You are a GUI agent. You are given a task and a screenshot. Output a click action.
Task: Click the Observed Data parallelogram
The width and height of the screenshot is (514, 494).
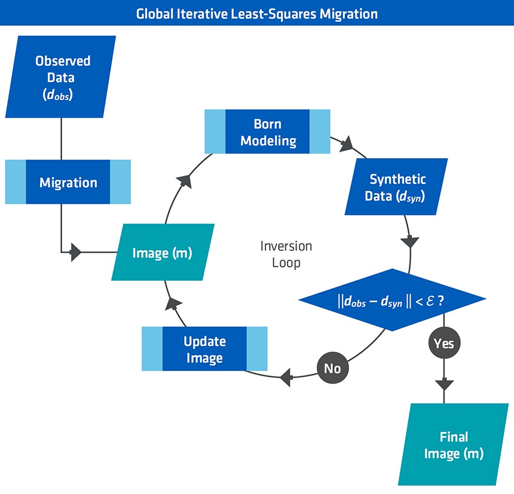pyautogui.click(x=62, y=77)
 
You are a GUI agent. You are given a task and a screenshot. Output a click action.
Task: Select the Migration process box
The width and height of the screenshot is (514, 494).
pyautogui.click(x=68, y=182)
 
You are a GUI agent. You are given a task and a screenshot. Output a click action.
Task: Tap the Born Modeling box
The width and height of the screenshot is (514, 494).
pyautogui.click(x=267, y=132)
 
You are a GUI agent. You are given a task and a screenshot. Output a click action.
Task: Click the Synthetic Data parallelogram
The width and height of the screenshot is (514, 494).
pyautogui.click(x=397, y=187)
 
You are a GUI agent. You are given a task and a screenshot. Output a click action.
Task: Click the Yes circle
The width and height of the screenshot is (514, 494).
pyautogui.click(x=443, y=344)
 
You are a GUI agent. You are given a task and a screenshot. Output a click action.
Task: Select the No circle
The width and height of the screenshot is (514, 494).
pyautogui.click(x=332, y=369)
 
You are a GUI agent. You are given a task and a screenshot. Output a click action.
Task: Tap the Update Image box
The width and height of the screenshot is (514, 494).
pyautogui.click(x=204, y=349)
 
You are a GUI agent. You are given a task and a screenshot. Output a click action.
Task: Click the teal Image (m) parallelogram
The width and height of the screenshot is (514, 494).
pyautogui.click(x=162, y=253)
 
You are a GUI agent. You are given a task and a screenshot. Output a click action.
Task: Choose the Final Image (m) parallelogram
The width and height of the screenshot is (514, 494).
pyautogui.click(x=454, y=445)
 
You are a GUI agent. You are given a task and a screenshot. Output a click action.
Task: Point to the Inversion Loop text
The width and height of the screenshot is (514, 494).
pyautogui.click(x=286, y=254)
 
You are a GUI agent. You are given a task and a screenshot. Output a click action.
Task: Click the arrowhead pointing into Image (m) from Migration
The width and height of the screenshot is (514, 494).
pyautogui.click(x=75, y=252)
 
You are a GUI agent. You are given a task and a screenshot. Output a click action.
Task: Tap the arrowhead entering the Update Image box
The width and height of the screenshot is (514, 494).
pyautogui.click(x=285, y=376)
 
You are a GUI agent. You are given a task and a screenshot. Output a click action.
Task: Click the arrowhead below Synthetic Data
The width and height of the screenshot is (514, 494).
pyautogui.click(x=410, y=242)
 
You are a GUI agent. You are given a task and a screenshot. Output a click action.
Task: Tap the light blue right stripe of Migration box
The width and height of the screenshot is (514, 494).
pyautogui.click(x=120, y=182)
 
